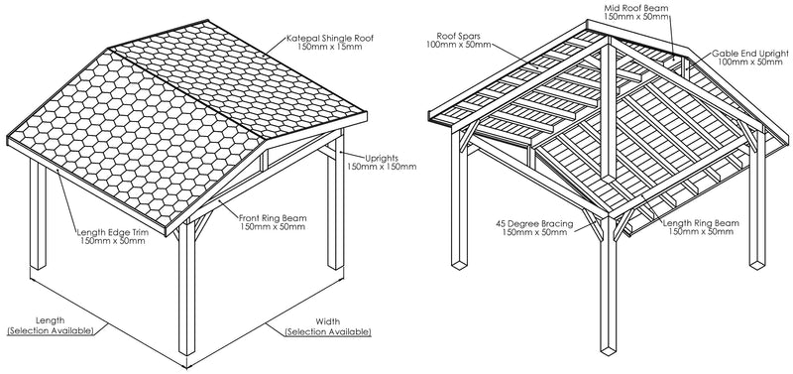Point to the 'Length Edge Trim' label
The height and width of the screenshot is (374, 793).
point(117,234)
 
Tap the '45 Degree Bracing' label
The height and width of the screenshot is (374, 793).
point(533,223)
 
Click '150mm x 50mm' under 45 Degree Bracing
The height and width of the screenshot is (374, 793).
point(533,234)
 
